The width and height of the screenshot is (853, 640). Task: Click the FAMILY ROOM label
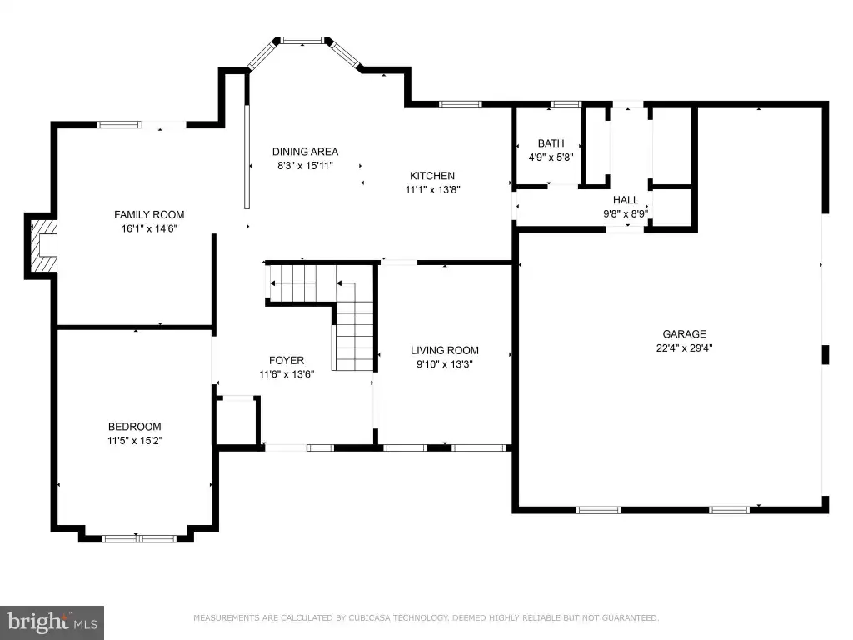coord(149,214)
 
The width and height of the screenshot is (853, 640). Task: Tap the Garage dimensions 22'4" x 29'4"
coord(684,347)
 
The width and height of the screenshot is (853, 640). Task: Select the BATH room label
coord(551,143)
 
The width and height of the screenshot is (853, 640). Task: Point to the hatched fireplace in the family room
coord(43,246)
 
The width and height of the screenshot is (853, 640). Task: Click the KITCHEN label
coord(432,176)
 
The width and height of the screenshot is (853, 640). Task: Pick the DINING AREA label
coord(305,152)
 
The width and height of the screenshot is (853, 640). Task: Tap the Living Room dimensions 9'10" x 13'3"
coord(445,364)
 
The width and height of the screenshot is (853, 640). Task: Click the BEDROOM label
coord(134,427)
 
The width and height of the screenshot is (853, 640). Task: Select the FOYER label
coord(287,360)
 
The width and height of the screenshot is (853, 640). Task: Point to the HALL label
coord(626,200)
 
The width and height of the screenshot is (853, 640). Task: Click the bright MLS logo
coord(52,622)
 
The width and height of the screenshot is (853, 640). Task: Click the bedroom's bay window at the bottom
coord(139,539)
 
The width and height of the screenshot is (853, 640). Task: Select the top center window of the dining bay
coord(302,40)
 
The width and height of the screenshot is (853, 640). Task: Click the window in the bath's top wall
coord(566,104)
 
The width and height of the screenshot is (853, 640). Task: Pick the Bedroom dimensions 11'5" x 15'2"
coord(134,441)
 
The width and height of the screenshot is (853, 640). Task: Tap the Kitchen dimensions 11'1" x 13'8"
coord(432,190)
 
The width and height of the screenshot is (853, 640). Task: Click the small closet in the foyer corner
coord(236,422)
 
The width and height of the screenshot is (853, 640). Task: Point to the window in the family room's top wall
coord(118,125)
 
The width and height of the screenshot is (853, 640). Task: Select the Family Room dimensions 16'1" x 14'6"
coord(149,228)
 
